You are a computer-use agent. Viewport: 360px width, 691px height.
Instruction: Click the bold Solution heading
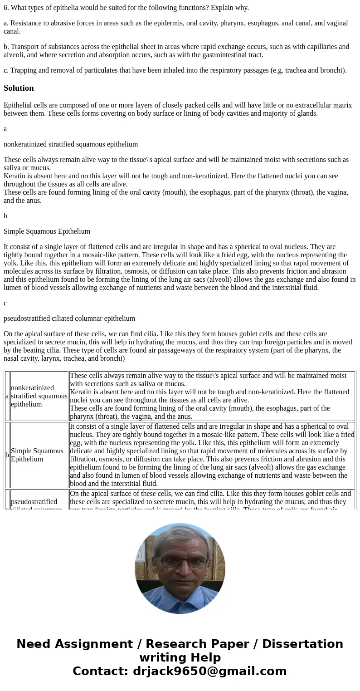click(x=19, y=88)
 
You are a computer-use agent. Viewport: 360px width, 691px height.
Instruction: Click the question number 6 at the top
click(x=5, y=8)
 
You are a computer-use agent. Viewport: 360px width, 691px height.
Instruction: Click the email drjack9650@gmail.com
click(x=210, y=671)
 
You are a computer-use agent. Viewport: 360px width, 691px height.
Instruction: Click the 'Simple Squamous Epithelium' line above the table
click(x=47, y=231)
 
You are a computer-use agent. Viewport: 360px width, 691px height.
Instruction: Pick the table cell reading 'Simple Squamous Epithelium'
click(x=37, y=455)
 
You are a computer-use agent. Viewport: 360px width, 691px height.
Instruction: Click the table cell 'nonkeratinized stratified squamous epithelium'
click(x=39, y=396)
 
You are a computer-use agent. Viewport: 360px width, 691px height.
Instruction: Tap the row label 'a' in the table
click(x=7, y=396)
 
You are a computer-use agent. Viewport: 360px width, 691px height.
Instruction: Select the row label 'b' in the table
click(x=7, y=455)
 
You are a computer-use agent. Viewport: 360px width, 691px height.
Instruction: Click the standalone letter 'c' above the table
click(x=5, y=303)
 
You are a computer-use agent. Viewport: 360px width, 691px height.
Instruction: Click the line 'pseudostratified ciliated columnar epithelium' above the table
click(x=69, y=319)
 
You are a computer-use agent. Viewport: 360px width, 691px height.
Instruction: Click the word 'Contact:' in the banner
click(x=101, y=671)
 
